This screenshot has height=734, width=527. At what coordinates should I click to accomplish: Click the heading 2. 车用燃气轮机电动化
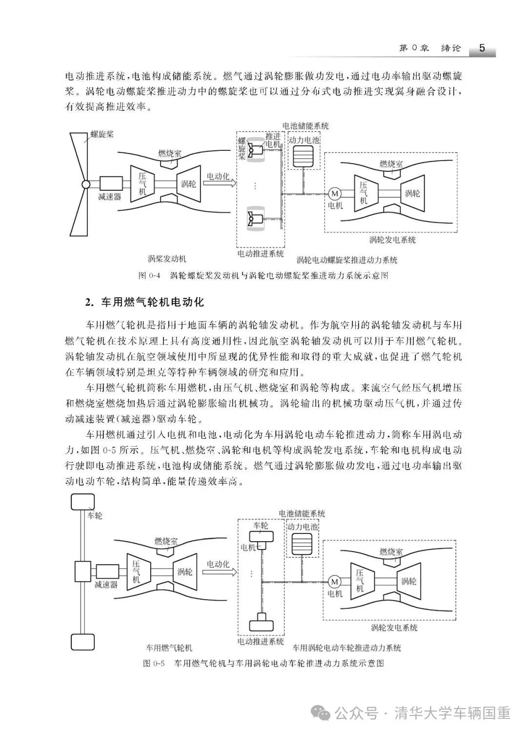(144, 303)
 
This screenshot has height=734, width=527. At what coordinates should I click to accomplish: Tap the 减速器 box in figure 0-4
(111, 183)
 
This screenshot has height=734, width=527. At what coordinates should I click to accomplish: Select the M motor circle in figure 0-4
(335, 193)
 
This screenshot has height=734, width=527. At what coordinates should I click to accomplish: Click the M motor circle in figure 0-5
(335, 581)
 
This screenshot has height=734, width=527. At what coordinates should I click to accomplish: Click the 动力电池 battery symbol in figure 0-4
(304, 156)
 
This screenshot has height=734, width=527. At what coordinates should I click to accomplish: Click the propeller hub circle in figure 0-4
(86, 184)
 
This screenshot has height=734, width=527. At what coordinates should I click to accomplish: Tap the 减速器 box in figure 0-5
(107, 571)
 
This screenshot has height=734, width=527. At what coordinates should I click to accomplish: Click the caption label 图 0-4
(150, 275)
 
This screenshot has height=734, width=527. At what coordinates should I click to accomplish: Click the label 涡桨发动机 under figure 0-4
(167, 258)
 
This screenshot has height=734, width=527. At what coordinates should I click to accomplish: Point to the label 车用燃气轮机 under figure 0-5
(169, 648)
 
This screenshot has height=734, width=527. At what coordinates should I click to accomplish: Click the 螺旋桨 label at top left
(102, 134)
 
